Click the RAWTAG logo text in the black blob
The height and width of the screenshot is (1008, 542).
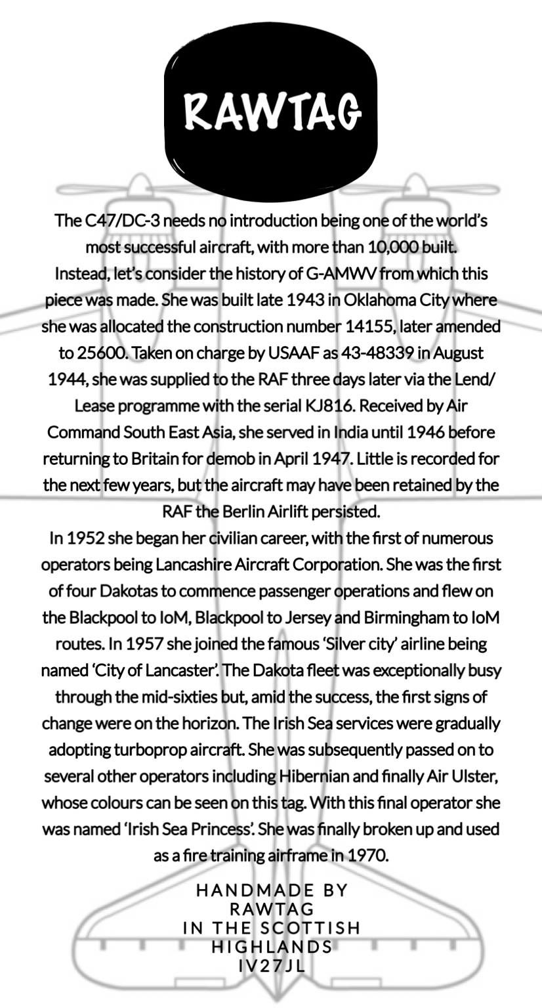271,111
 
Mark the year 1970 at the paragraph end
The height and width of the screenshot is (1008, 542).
365,856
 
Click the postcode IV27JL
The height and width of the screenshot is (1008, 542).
271,966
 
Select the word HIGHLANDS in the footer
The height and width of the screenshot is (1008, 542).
272,947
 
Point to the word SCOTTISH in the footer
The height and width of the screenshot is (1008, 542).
315,929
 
